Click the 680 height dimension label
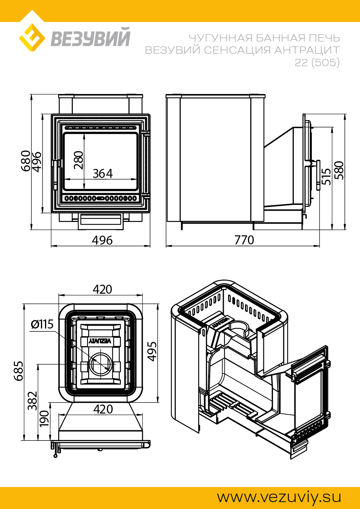point(26,161)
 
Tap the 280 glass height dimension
point(79,160)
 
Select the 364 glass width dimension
point(102,174)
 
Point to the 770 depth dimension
point(244,240)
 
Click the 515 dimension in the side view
point(327,176)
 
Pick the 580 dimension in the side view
point(339,170)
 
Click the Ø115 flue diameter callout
point(42,324)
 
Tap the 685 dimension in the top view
point(19,371)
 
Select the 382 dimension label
point(33,401)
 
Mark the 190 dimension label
point(44,418)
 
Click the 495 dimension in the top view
point(152,351)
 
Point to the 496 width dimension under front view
point(102,240)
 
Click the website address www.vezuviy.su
point(279,497)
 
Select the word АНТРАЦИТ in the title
point(307,50)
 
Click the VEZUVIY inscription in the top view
point(100,341)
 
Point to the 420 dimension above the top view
point(102,289)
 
